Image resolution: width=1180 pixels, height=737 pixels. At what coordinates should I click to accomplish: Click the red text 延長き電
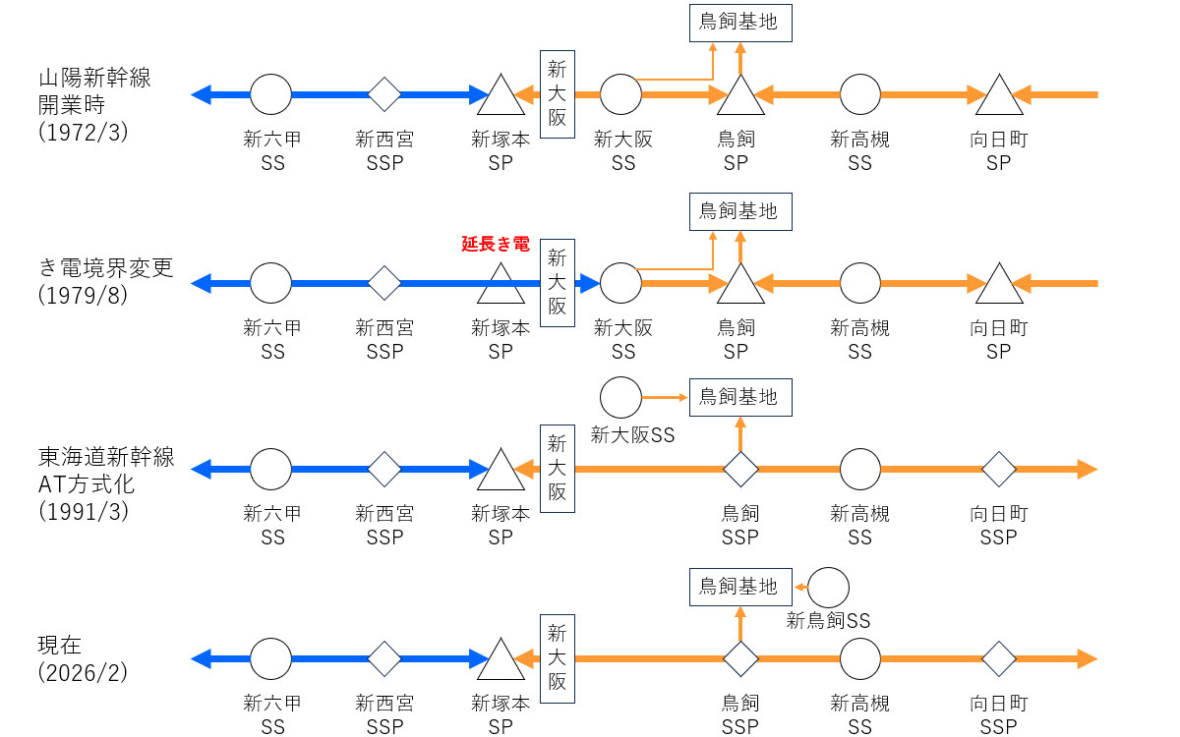coord(496,244)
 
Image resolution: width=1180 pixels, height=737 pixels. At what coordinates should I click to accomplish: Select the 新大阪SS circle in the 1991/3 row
coord(620,398)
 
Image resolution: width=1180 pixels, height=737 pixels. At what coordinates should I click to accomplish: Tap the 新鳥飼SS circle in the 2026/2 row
coord(828,587)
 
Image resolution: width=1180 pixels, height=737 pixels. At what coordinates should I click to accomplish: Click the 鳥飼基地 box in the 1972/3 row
coord(739,22)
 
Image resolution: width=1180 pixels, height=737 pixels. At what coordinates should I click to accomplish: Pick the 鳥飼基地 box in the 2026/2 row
coord(739,587)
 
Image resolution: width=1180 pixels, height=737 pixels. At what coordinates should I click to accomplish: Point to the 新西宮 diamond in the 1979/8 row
coord(384,283)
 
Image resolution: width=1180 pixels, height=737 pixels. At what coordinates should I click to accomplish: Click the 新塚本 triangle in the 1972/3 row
coord(501,96)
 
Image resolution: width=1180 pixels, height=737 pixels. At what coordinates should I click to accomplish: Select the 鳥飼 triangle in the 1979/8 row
coord(739,285)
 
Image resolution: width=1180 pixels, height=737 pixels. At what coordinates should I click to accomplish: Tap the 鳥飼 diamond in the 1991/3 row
coord(739,470)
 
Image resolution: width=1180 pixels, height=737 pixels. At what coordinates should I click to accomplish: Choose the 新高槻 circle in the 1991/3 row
coord(860,470)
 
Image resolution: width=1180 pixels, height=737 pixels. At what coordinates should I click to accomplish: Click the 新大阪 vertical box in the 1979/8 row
coord(558,283)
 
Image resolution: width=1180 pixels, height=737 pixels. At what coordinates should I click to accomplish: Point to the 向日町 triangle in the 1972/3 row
coord(999,96)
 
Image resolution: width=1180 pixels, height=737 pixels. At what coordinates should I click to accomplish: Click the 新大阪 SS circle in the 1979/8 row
coord(620,283)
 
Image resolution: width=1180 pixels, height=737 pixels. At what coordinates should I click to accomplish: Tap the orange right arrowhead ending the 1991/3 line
coord(1086,470)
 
